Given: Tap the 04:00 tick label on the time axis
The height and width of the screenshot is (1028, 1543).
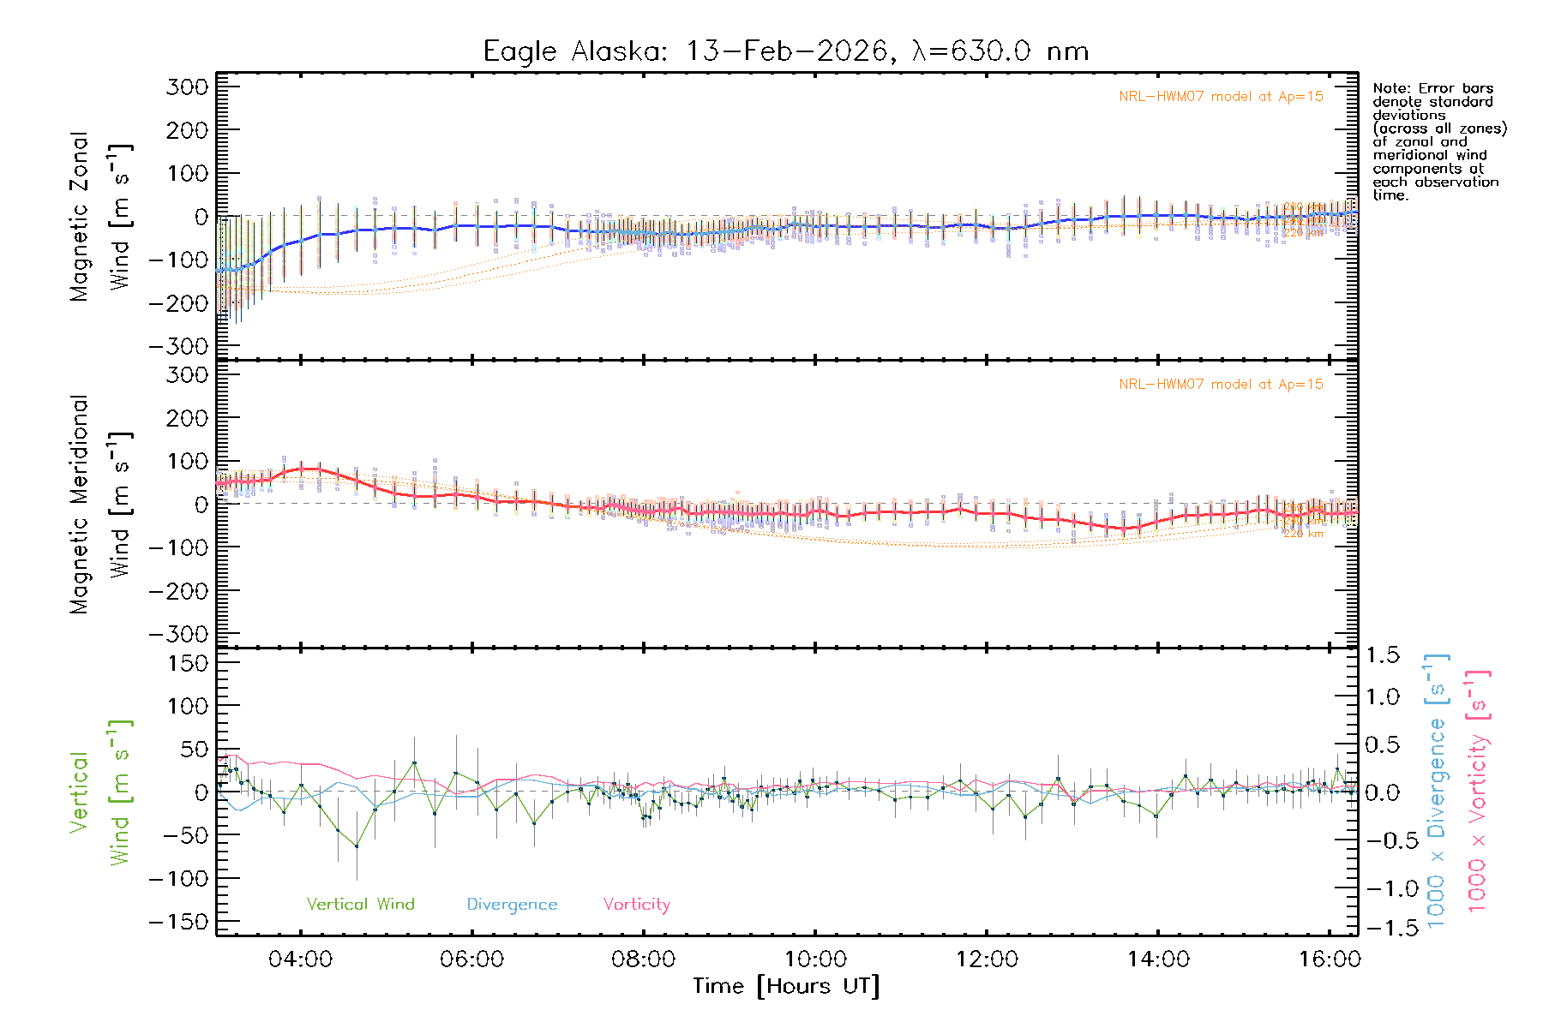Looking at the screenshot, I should [300, 959].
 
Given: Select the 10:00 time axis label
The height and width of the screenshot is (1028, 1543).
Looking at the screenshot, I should [814, 959].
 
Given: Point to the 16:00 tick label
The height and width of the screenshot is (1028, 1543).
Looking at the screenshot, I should [1329, 959].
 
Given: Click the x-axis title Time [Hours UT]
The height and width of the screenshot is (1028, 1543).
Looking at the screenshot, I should [786, 986].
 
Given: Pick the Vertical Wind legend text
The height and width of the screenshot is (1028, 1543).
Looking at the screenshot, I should [360, 904].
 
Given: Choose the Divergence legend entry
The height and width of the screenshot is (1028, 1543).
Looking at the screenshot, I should [512, 904].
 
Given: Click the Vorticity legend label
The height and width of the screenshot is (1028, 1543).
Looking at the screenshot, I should [636, 904].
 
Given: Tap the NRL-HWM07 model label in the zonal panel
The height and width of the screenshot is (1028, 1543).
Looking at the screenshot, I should [1221, 97].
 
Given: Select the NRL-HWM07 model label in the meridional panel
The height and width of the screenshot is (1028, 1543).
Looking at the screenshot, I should [1221, 385].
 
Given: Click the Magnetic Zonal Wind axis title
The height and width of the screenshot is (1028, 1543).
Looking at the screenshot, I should [99, 217].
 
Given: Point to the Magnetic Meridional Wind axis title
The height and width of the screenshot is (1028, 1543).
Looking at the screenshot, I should [99, 505].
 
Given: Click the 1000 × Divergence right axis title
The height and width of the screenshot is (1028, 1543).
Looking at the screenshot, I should [1437, 791].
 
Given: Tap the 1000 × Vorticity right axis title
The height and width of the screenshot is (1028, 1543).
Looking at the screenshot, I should [1478, 791].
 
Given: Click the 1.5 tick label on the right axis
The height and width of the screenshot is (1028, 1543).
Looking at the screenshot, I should [1382, 655].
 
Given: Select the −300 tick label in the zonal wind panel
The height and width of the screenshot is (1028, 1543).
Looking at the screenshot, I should [178, 347].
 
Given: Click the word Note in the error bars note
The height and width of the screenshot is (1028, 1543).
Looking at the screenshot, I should [1389, 88].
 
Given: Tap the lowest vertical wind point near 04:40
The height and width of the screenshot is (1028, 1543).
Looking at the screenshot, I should [357, 846].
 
